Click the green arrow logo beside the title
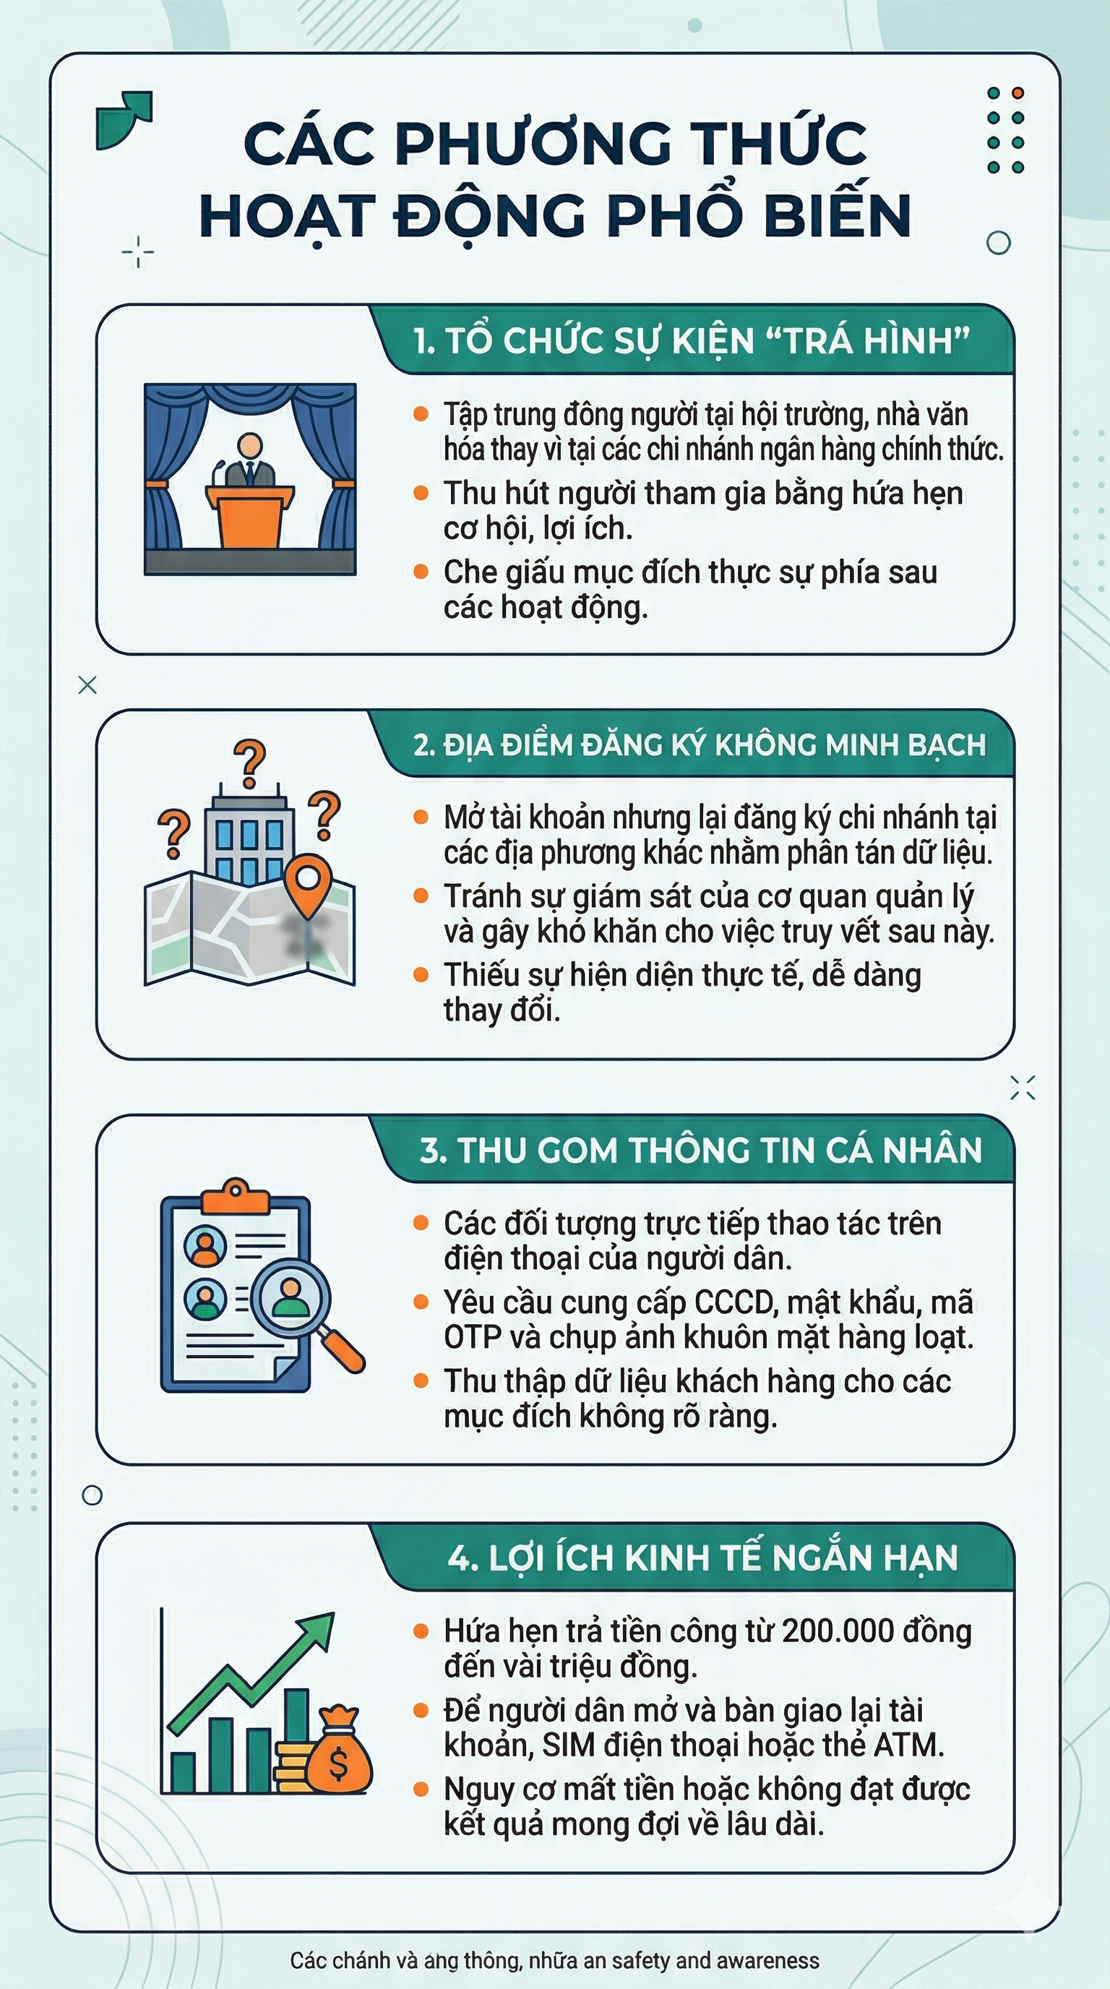click(x=124, y=119)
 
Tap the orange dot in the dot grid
click(x=1017, y=93)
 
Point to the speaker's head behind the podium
click(x=249, y=446)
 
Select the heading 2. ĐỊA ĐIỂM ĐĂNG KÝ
click(x=700, y=745)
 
